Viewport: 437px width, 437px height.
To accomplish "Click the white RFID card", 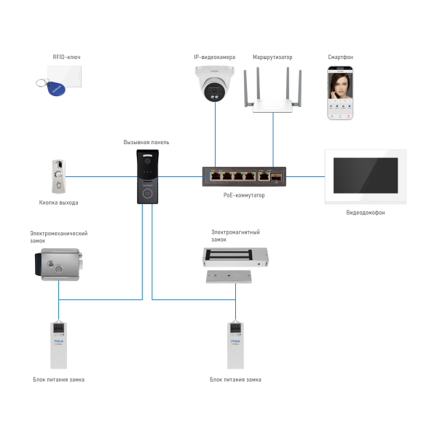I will (66, 75).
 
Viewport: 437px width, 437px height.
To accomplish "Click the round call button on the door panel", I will (147, 193).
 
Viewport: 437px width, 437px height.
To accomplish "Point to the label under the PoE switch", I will (244, 195).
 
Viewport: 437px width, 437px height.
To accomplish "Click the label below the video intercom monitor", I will (366, 212).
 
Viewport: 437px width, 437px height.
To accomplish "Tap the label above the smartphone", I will (340, 56).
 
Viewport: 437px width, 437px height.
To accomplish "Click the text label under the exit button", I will (59, 202).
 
